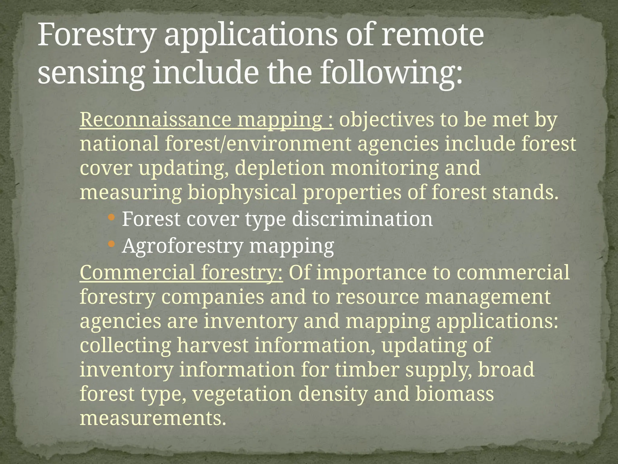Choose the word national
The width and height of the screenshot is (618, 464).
[119, 144]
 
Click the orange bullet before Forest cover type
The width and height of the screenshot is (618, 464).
[111, 217]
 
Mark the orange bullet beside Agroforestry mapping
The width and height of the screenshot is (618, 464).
[111, 244]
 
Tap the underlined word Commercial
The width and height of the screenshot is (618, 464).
[137, 272]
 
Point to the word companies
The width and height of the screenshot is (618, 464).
[212, 297]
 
